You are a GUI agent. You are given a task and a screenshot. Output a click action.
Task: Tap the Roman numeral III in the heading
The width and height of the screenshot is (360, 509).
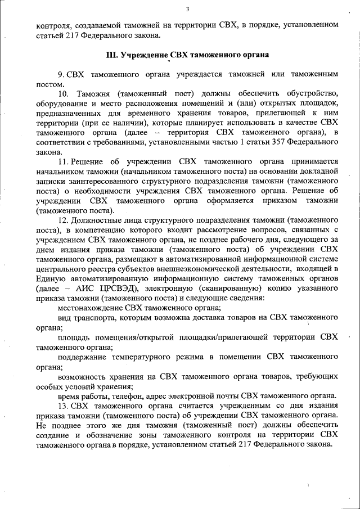(x=111, y=55)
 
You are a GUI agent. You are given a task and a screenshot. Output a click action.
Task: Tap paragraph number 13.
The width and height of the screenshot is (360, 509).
(x=62, y=407)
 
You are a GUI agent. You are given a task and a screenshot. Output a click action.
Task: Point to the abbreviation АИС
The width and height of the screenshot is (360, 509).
(x=82, y=289)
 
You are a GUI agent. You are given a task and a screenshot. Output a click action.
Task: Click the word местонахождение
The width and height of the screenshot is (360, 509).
(x=89, y=308)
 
